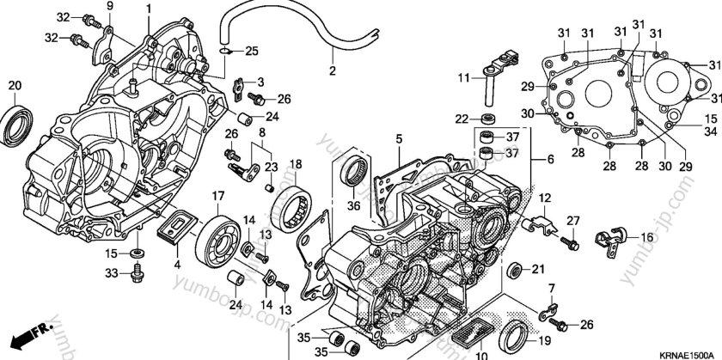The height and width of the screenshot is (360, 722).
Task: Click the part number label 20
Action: (14, 84)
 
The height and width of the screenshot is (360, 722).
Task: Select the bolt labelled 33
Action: (137, 274)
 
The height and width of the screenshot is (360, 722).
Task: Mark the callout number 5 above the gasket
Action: (399, 137)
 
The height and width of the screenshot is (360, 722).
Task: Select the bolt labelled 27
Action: (568, 245)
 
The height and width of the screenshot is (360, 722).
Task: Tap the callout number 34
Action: (711, 131)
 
